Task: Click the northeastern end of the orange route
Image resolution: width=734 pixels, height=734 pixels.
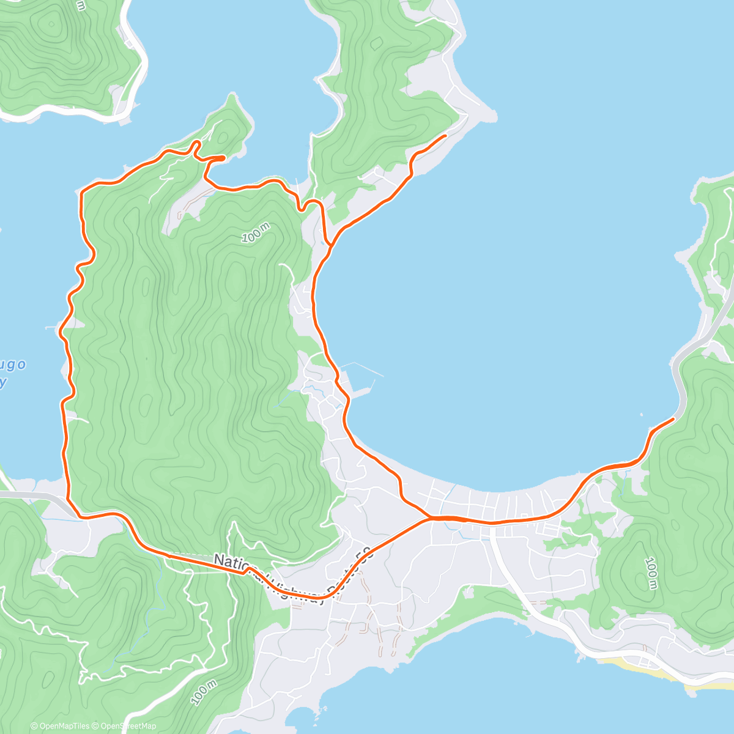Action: [x=445, y=135]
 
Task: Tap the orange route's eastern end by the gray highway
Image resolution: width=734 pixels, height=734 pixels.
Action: [x=673, y=418]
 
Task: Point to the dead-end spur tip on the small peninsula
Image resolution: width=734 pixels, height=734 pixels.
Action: [x=224, y=158]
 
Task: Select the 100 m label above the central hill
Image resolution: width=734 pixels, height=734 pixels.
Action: [x=255, y=234]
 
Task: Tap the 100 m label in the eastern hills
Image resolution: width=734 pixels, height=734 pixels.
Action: [x=651, y=573]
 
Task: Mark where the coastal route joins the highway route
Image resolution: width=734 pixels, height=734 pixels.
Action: [x=431, y=518]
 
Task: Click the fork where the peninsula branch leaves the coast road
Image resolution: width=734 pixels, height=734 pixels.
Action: [x=330, y=245]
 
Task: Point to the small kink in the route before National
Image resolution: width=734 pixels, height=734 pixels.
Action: [x=248, y=570]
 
